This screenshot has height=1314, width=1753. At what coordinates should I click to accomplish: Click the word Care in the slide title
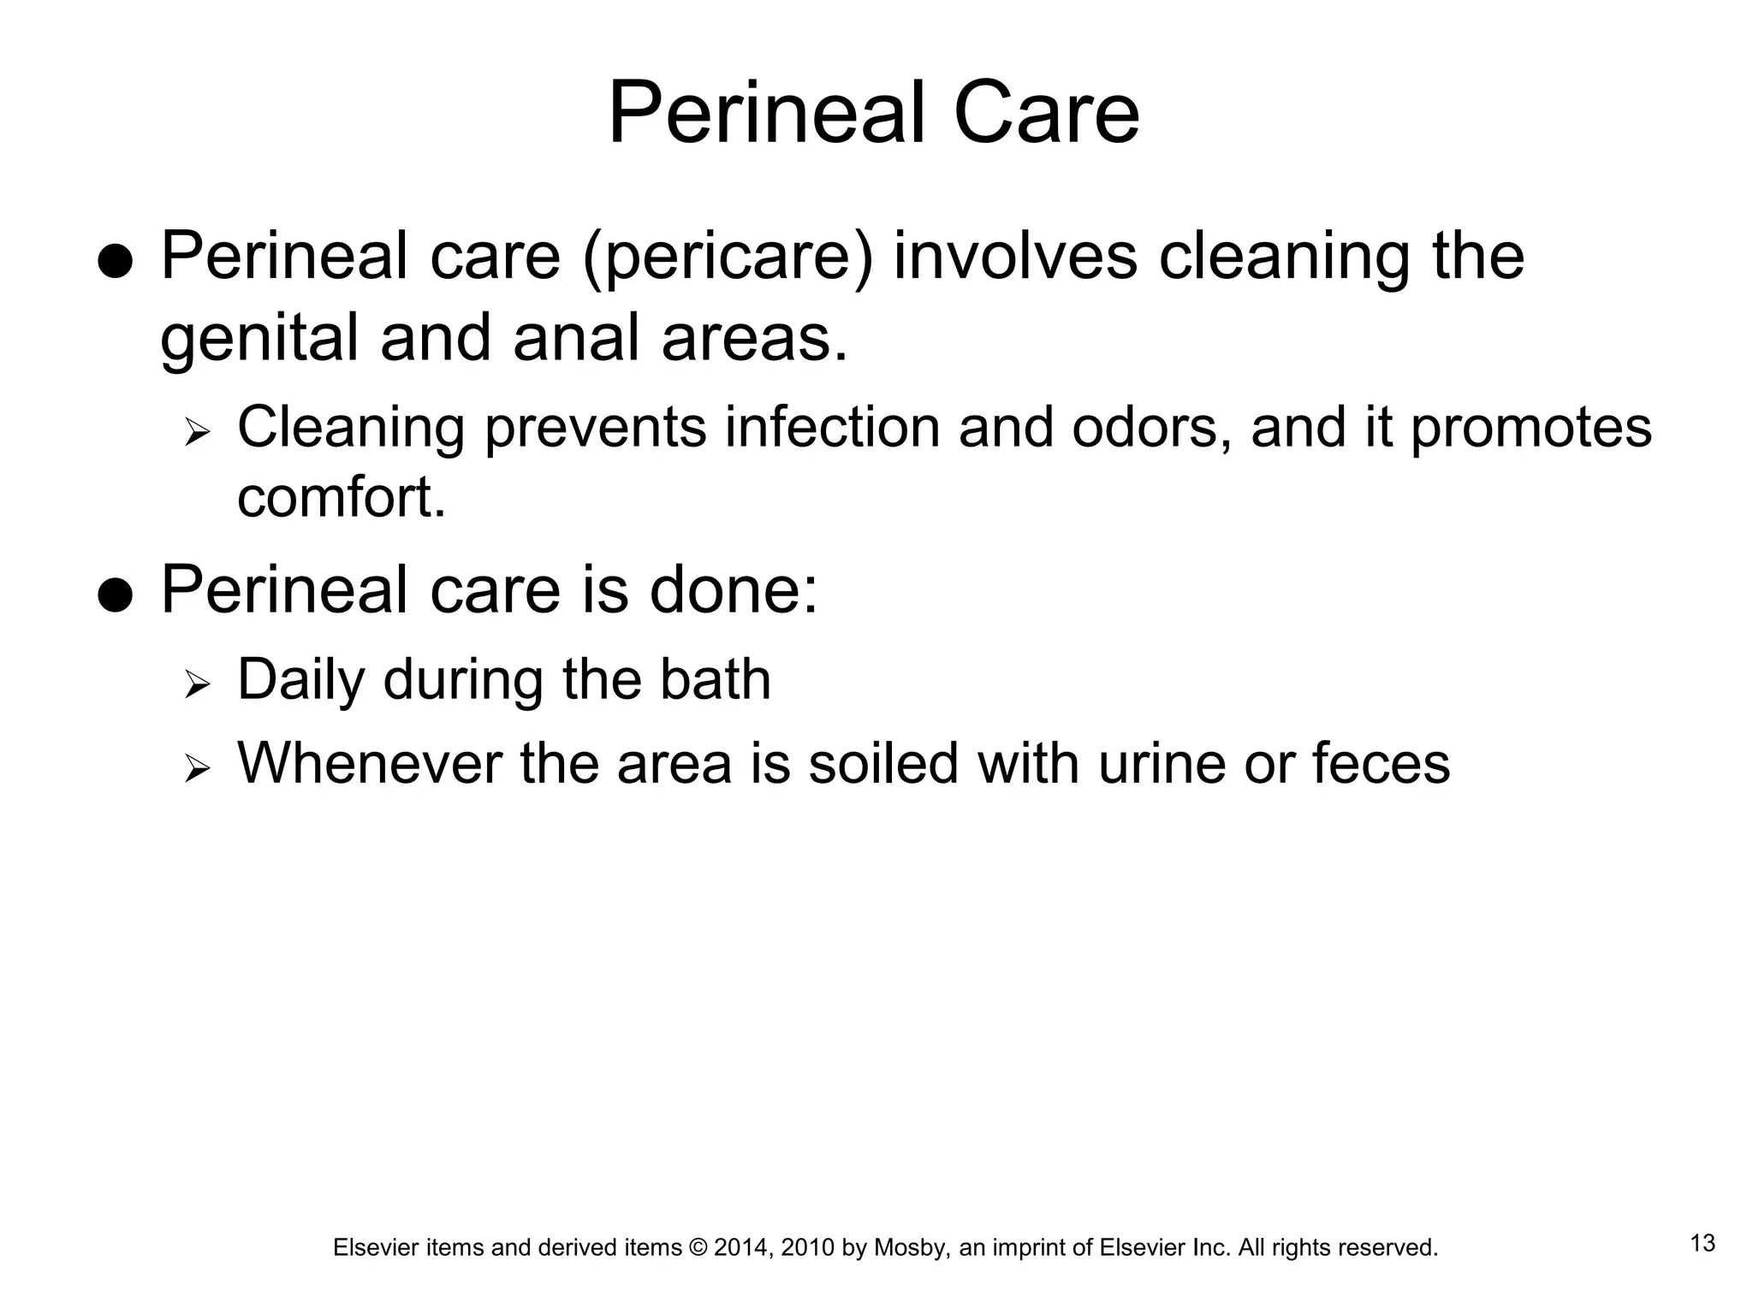click(1045, 114)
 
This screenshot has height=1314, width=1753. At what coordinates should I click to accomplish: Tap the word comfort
click(342, 498)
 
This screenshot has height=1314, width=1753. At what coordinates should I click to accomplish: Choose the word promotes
click(1530, 429)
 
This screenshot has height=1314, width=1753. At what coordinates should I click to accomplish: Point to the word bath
click(715, 679)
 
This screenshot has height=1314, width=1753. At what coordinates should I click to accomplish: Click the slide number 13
click(1702, 1243)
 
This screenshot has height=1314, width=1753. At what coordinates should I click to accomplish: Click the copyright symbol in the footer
click(698, 1248)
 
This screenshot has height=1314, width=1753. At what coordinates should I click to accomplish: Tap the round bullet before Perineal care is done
click(115, 595)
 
